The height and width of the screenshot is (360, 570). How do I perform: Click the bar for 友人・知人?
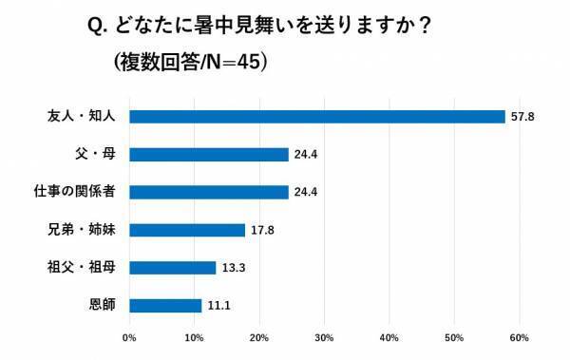tap(316, 117)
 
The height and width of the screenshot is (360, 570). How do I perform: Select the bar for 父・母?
tap(208, 154)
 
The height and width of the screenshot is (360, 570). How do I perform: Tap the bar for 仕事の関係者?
tap(208, 192)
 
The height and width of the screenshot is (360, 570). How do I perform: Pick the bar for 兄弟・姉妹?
tap(186, 230)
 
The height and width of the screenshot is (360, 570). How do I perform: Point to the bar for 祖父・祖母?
tap(172, 268)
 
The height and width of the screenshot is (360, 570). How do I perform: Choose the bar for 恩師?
tap(165, 306)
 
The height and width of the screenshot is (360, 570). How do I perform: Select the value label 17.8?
tap(261, 230)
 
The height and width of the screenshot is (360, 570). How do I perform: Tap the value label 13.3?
tap(233, 268)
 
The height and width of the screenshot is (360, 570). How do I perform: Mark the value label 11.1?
tap(218, 306)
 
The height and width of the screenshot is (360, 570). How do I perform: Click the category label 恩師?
tap(101, 306)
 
